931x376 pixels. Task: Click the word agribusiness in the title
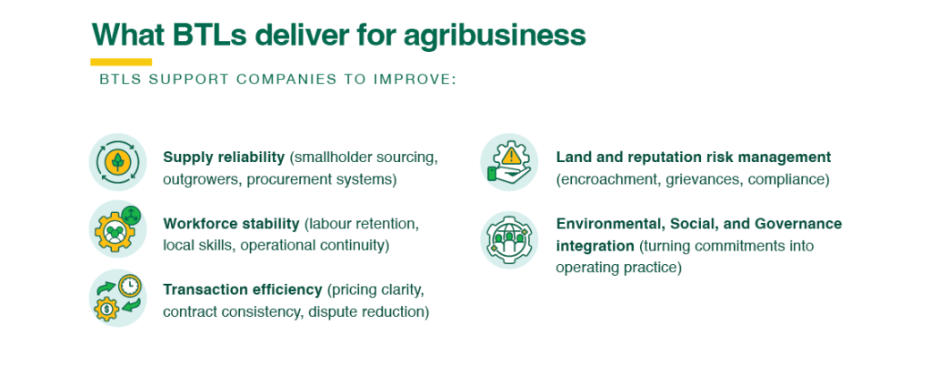pos(495,36)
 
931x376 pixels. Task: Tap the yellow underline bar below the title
pos(121,62)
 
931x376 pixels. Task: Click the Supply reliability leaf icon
pos(117,162)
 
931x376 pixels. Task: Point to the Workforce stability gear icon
pos(117,229)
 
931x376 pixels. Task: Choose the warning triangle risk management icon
pos(509,162)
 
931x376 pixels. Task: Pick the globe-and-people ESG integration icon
pos(509,239)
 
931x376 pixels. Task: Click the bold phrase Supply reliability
pos(224,158)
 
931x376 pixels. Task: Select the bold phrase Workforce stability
pos(231,224)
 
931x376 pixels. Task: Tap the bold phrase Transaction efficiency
pos(242,290)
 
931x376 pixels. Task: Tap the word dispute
pos(328,312)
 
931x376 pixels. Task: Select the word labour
pos(327,224)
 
